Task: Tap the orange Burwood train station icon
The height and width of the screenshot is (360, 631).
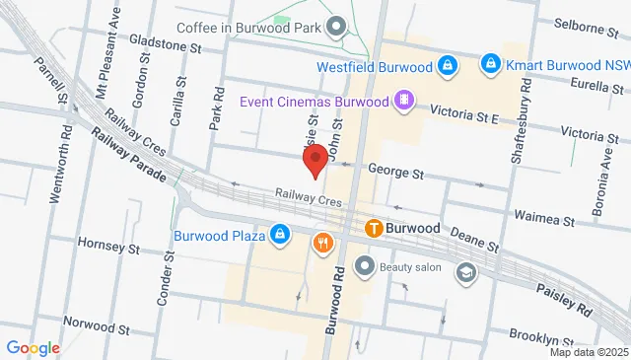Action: [375, 228]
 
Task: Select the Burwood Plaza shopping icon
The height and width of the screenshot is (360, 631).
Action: [280, 235]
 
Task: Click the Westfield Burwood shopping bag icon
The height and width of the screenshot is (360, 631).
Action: [448, 66]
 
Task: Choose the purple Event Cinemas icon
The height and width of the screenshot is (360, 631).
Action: [402, 100]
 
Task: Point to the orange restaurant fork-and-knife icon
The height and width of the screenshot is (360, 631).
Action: [321, 243]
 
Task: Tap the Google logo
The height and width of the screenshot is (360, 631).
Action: [33, 347]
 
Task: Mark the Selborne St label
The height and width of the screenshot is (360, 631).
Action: [586, 24]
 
